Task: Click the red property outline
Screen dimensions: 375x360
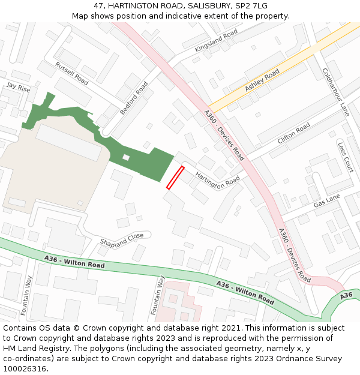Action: [x=175, y=178]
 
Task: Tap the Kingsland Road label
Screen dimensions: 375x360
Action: [x=217, y=42]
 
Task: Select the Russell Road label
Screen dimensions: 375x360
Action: [x=71, y=73]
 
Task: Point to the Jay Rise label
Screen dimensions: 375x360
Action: [x=18, y=86]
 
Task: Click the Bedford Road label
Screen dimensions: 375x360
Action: [x=133, y=98]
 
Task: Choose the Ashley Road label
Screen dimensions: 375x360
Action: [x=262, y=80]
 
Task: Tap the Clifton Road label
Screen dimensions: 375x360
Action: [x=294, y=133]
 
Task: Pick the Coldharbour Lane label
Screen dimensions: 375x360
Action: [x=335, y=91]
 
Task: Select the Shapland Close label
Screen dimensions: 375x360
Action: [x=122, y=239]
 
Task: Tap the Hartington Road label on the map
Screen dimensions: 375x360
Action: [x=218, y=179]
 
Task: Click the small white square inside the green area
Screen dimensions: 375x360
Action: [x=125, y=157]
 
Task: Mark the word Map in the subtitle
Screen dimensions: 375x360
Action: [x=80, y=16]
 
